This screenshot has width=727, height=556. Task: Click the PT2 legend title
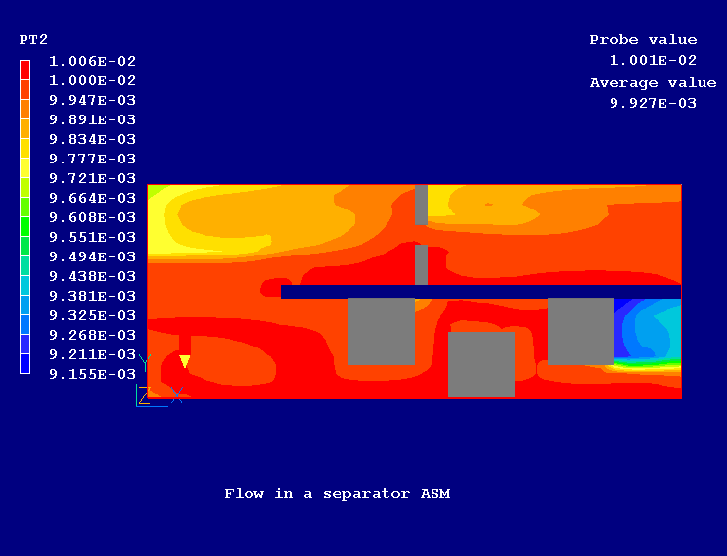click(33, 40)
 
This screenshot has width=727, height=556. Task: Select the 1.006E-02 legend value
click(92, 61)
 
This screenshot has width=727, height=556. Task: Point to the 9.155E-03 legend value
click(92, 374)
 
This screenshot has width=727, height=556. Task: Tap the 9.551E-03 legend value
click(92, 237)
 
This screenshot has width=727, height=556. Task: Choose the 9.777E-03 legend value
click(92, 159)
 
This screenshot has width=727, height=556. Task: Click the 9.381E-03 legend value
click(92, 296)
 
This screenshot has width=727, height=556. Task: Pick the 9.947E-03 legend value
click(92, 100)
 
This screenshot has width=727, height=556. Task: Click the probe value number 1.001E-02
click(653, 60)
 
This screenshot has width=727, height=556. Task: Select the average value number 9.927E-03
click(653, 103)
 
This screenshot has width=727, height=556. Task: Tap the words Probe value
click(643, 40)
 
